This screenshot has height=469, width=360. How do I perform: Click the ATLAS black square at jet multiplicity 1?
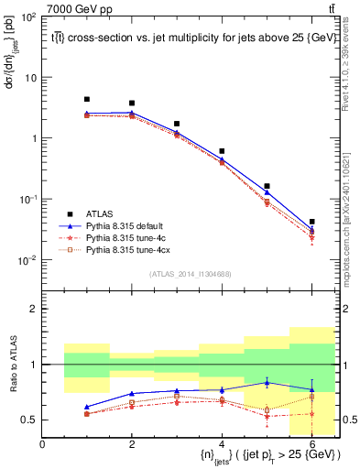[87, 99]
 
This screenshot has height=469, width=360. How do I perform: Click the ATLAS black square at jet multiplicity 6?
[311, 222]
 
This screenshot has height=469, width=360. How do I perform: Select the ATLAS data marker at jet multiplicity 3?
[177, 124]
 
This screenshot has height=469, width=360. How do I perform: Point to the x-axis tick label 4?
[222, 444]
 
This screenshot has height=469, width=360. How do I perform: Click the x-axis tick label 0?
[42, 444]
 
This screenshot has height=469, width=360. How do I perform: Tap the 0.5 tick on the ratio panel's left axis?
[32, 420]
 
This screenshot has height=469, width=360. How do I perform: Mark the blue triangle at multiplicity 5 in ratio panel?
[267, 382]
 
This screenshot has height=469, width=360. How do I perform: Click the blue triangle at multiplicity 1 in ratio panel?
[87, 407]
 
